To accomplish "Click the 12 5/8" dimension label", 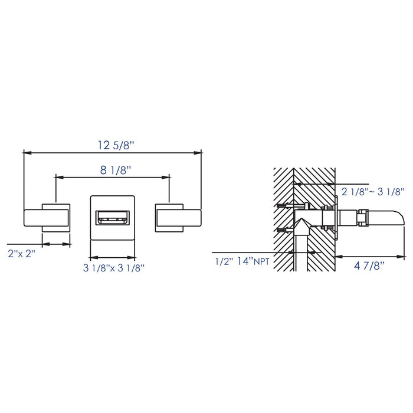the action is point(116,145).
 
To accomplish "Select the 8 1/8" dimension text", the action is point(116,171).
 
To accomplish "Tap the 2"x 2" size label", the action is point(22,254).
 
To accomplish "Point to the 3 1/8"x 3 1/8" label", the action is point(114,268).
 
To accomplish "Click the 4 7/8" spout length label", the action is point(369,266).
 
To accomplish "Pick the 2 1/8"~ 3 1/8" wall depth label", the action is point(373,192).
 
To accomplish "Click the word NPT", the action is point(261,262).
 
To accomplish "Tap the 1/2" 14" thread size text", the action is point(234,261).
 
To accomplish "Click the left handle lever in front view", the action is point(47,218).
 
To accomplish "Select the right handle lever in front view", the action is point(179,218).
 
